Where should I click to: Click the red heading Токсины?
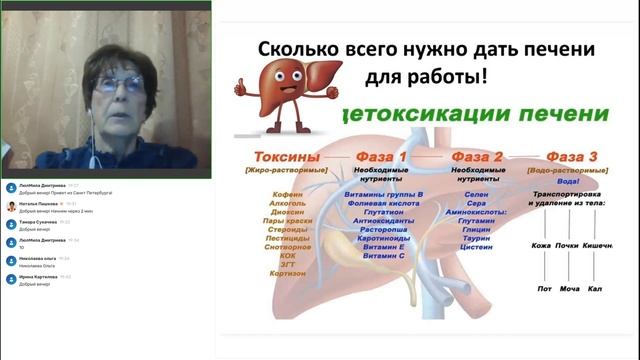287,157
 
